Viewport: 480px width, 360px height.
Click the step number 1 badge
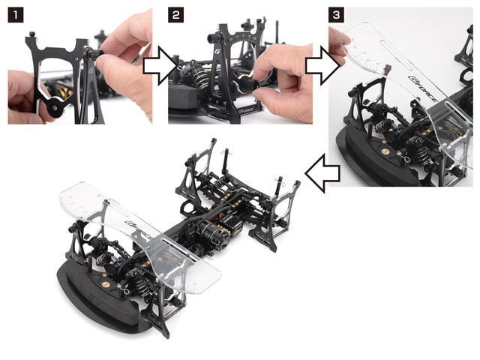14,14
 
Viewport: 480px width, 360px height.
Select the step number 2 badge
175,14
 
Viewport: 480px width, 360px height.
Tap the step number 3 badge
335,14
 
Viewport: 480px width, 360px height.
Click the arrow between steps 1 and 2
160,68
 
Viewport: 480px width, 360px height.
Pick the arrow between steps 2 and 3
320,68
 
